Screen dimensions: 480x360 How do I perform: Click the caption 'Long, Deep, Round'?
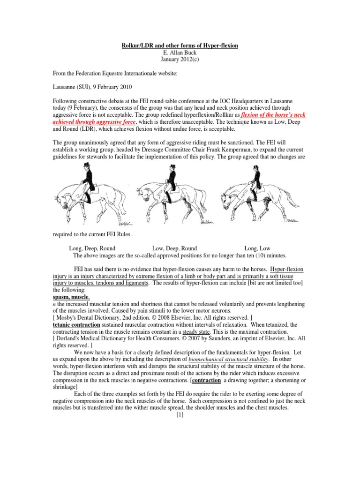[x=92, y=248]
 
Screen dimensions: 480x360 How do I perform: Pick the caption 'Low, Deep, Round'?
[x=174, y=248]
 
